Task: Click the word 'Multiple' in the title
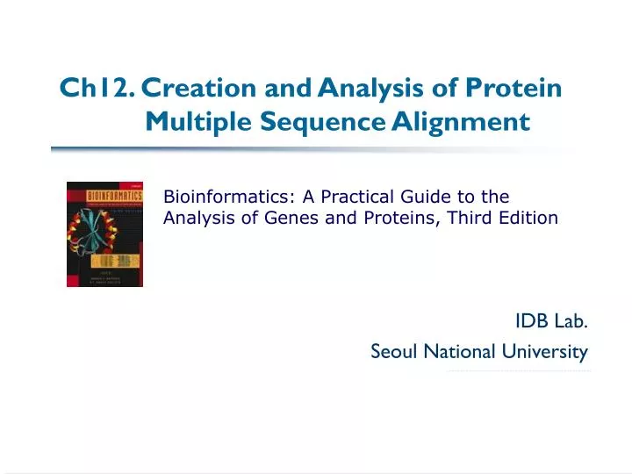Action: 200,121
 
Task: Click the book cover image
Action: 104,234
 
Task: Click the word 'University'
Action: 544,352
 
